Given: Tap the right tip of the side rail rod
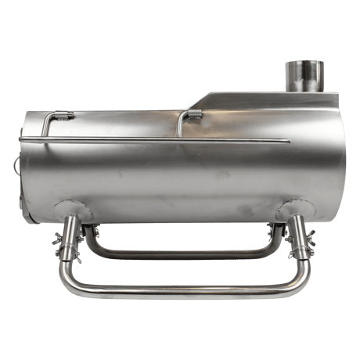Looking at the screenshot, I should [x=288, y=142].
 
